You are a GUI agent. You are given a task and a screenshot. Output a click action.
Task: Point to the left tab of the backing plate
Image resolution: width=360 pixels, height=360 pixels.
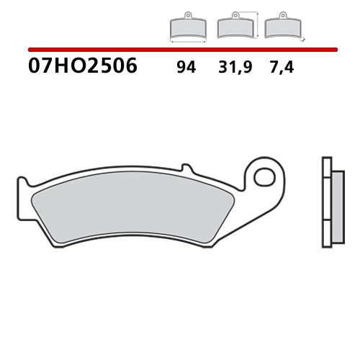(24, 194)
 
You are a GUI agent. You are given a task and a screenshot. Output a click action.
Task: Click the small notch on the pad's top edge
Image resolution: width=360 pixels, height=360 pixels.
(185, 168)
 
